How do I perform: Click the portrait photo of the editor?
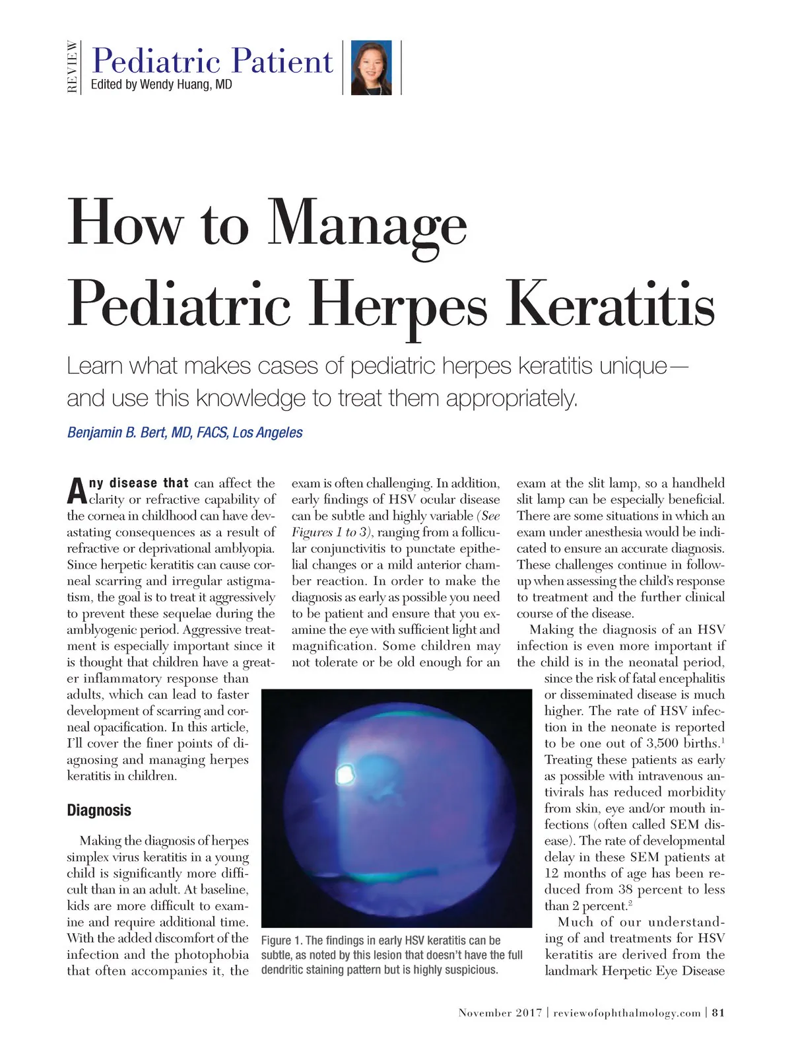click(372, 67)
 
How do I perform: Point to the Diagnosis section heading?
click(99, 810)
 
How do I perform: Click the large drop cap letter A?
click(77, 489)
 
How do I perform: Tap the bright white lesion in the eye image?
click(345, 774)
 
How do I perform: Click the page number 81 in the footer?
click(719, 1013)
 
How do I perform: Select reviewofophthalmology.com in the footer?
click(626, 1013)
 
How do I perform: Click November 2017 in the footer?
click(500, 1013)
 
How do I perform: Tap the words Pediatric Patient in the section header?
click(213, 61)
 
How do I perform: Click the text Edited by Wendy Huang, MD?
click(161, 85)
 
